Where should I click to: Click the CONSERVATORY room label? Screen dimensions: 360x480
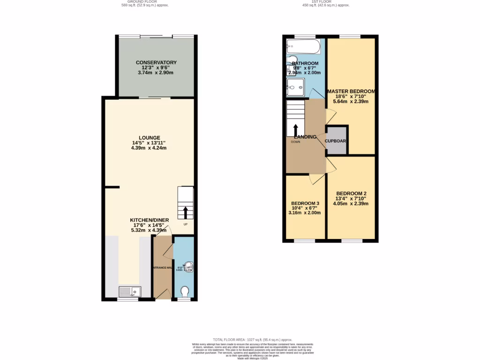[156, 62]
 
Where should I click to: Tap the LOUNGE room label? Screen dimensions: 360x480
[149, 138]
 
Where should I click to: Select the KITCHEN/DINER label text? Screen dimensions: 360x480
[149, 219]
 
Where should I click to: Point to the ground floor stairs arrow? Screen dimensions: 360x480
[185, 213]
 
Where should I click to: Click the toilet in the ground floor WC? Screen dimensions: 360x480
[185, 292]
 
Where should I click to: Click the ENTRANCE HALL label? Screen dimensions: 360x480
[163, 268]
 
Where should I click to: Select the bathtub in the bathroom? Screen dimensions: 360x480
[303, 46]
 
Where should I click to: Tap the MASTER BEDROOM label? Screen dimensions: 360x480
[351, 91]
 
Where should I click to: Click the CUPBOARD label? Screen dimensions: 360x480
[337, 140]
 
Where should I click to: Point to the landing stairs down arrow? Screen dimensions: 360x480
[296, 130]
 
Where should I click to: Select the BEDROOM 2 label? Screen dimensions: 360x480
[351, 193]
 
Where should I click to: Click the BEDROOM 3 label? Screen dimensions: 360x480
[305, 203]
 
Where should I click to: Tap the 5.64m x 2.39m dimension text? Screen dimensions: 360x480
[351, 102]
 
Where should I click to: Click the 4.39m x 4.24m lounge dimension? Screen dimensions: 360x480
[149, 148]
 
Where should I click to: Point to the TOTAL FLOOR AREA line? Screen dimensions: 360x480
[253, 339]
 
